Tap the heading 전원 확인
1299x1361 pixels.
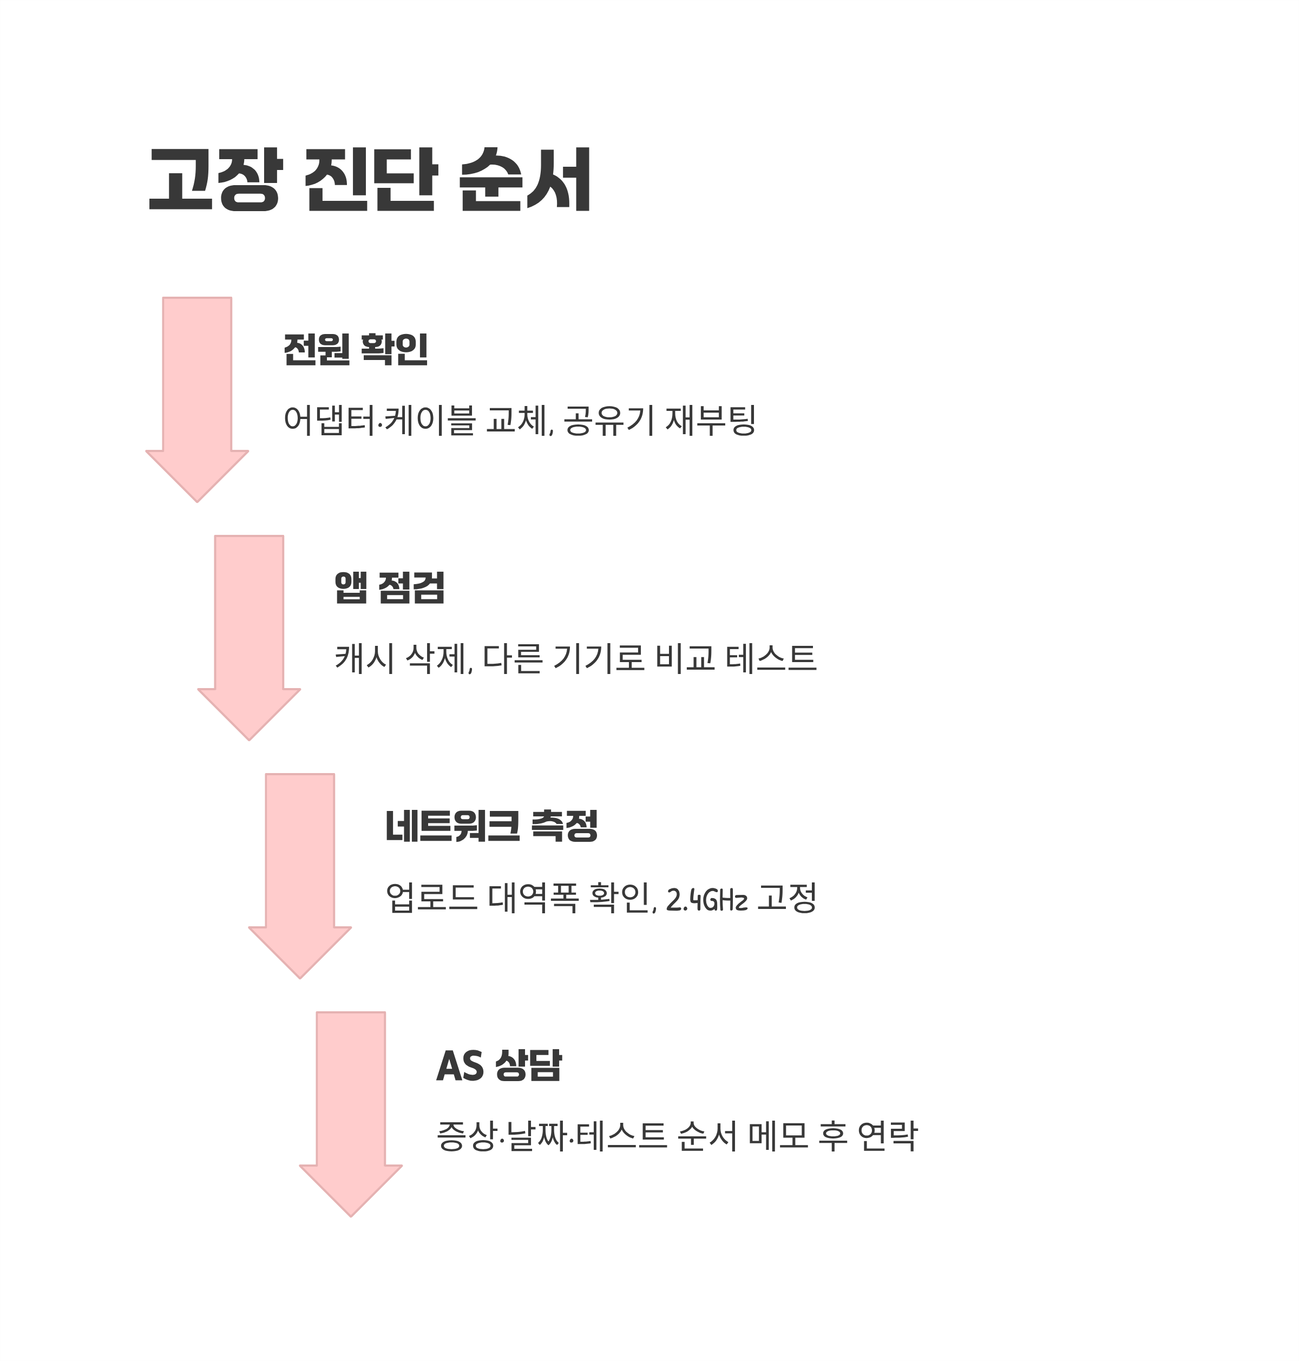356,349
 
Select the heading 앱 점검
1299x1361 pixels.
389,587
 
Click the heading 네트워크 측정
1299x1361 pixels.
491,826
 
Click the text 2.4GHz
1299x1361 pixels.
706,900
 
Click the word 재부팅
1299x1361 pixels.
710,421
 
